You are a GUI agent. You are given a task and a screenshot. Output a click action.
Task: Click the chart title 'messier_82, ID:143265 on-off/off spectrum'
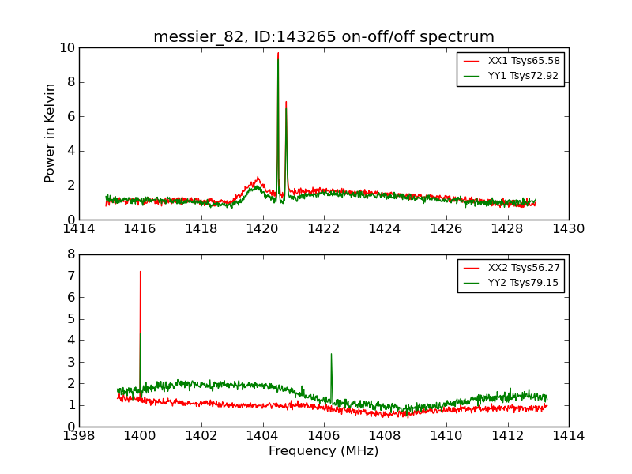(x=324, y=37)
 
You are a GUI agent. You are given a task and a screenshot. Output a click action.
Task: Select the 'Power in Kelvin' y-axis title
(x=51, y=133)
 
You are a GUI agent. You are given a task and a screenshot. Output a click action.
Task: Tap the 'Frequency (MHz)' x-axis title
(x=324, y=451)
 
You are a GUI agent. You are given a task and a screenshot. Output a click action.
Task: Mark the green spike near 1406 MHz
(x=331, y=355)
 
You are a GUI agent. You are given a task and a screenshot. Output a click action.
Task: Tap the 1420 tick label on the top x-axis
(x=263, y=229)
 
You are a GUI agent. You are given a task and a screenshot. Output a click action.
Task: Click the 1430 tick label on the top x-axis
(x=569, y=229)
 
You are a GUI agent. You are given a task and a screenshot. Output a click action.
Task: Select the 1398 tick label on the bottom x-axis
(x=79, y=435)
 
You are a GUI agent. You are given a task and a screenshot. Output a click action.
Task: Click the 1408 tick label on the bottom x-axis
(x=385, y=435)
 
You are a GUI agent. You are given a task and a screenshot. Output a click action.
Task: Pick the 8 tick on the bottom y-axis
(x=71, y=255)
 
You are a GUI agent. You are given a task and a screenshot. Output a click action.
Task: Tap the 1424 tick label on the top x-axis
(x=385, y=229)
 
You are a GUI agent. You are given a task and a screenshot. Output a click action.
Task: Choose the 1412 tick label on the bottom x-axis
(x=507, y=435)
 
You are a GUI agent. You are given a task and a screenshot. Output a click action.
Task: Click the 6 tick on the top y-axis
(x=71, y=117)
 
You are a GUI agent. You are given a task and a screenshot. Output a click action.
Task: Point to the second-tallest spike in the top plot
(x=286, y=103)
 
